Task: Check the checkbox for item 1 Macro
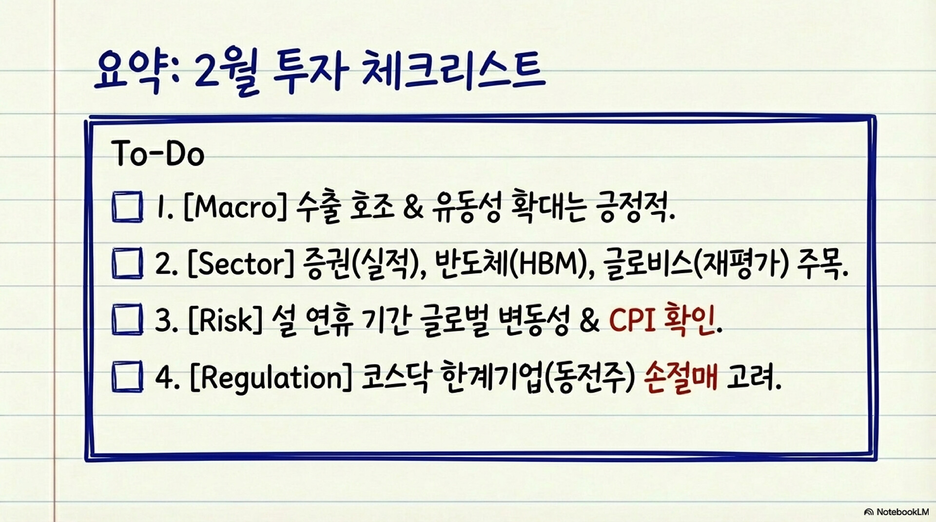[x=127, y=207]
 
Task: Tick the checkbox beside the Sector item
[x=127, y=263]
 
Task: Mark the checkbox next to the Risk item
[x=127, y=319]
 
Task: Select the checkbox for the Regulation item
[x=127, y=376]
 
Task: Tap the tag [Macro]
[x=235, y=207]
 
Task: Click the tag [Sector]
[x=241, y=264]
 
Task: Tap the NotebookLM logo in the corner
[x=896, y=512]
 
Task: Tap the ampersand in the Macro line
[x=413, y=207]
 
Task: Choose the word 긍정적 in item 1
[x=635, y=207]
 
